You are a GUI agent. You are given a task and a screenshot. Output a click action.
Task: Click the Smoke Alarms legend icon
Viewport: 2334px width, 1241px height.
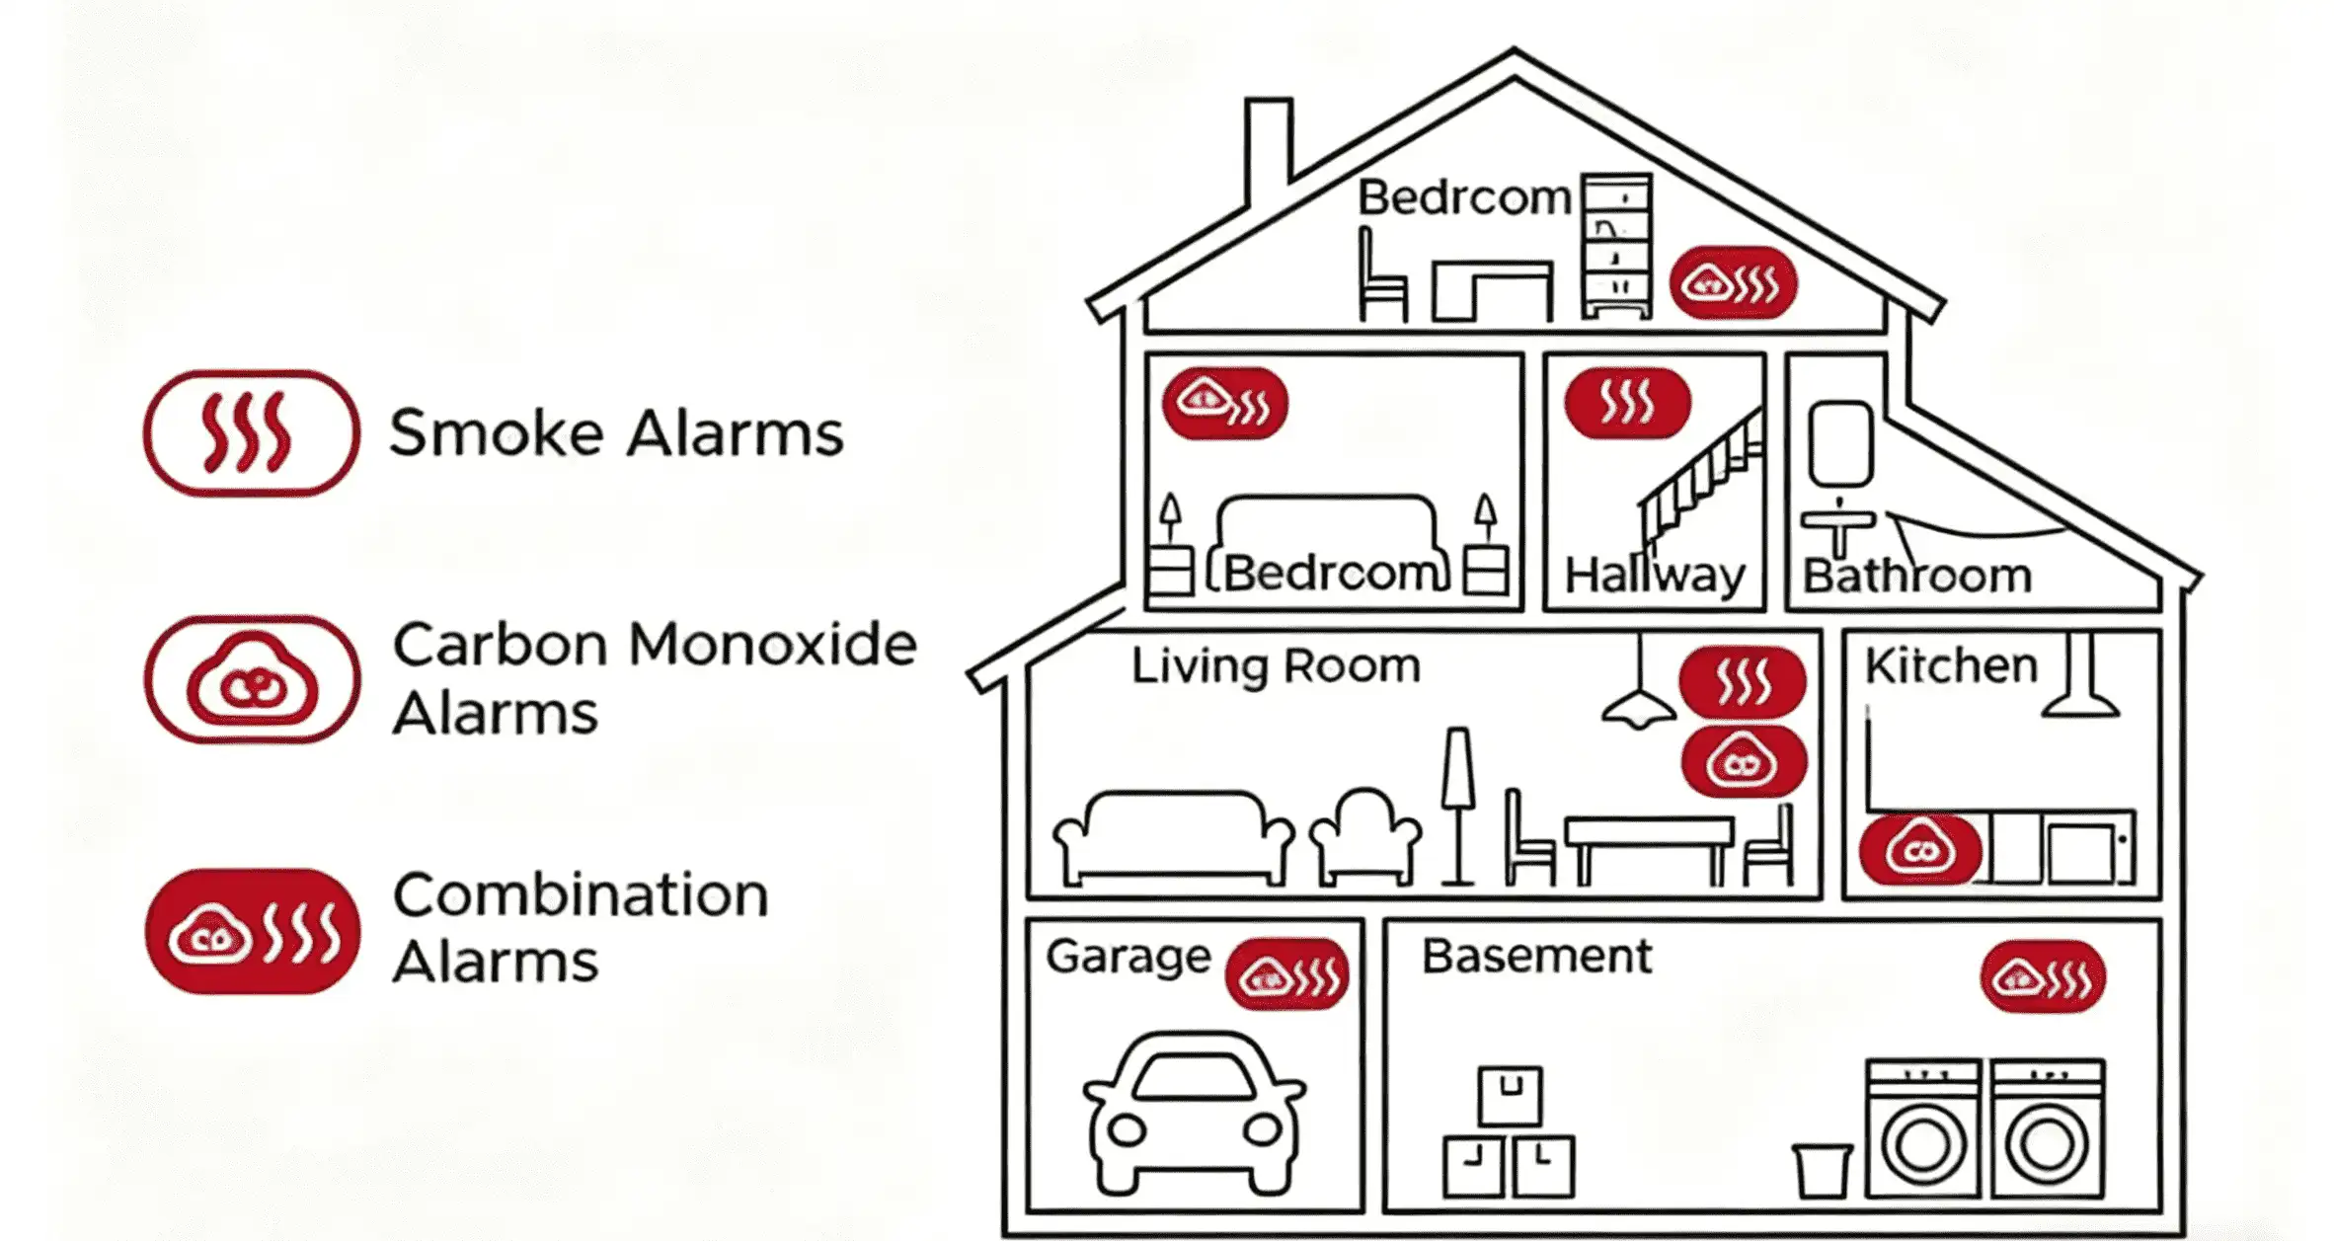[x=251, y=432]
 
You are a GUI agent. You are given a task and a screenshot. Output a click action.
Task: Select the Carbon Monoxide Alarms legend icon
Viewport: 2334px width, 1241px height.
[x=251, y=679]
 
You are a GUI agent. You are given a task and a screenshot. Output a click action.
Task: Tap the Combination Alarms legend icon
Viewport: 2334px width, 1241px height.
[x=252, y=931]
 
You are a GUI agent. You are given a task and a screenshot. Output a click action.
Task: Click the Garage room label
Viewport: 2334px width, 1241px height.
[x=1128, y=957]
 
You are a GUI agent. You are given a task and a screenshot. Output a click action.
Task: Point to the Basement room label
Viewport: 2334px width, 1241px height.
[x=1536, y=956]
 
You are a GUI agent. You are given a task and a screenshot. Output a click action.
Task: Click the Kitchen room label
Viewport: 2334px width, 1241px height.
[x=1951, y=665]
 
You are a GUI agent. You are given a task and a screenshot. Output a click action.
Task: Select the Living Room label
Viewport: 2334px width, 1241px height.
[x=1276, y=666]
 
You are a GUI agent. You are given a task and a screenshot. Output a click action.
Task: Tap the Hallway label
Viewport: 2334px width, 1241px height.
[x=1655, y=575]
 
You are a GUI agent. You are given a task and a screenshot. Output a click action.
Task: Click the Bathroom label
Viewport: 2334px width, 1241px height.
[x=1917, y=576]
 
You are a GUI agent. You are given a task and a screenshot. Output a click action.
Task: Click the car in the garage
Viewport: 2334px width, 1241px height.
[x=1194, y=1113]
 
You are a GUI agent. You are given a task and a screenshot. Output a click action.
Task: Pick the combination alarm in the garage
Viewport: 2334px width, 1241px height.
[x=1286, y=974]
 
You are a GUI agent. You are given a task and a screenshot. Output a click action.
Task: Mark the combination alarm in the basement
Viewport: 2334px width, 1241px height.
[x=2043, y=977]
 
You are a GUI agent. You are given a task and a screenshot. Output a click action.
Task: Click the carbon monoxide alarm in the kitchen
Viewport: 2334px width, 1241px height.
[x=1920, y=849]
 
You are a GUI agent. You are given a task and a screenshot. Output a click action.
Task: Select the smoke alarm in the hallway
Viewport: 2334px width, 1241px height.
[x=1627, y=403]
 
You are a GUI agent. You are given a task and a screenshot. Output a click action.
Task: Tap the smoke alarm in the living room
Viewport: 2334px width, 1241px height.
[x=1743, y=681]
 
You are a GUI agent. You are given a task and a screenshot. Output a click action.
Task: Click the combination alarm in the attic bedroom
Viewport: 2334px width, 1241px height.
[x=1733, y=283]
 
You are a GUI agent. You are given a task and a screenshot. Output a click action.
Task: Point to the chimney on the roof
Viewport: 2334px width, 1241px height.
[x=1268, y=148]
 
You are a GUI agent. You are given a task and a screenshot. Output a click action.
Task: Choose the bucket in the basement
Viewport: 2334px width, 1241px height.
[x=1822, y=1170]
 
